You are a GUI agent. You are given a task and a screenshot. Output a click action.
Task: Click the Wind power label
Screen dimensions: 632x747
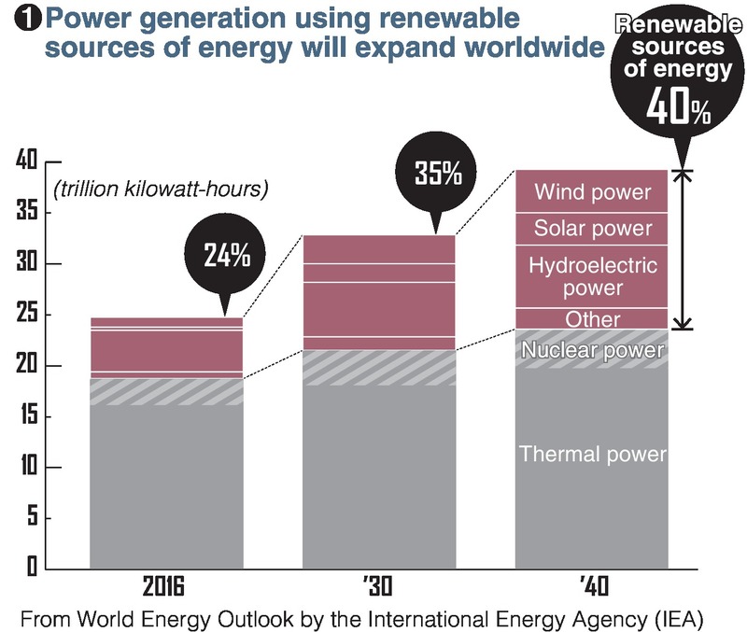592,193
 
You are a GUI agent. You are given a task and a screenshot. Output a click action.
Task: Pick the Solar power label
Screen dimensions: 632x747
592,229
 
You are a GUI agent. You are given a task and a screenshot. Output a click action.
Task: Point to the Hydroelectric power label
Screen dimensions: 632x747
592,277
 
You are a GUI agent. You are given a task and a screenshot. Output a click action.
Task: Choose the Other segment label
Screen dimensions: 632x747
592,319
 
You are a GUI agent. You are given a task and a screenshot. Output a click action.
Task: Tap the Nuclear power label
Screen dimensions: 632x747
592,351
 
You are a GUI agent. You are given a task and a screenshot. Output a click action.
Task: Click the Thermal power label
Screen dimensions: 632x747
592,455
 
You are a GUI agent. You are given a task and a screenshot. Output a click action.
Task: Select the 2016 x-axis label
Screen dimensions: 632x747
164,587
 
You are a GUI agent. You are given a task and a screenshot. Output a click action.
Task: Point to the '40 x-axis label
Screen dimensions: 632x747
593,587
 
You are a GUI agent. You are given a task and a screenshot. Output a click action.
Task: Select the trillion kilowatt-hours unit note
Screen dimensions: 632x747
161,190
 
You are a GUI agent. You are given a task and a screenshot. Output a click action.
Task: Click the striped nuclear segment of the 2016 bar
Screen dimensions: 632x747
166,391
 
